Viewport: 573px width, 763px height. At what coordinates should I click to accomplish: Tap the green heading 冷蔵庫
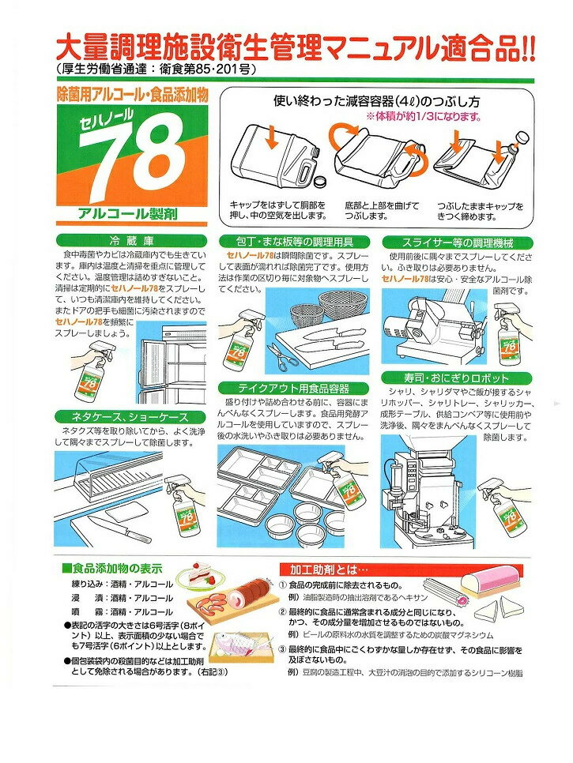click(131, 241)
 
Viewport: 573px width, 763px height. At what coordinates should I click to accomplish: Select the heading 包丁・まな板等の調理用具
click(295, 242)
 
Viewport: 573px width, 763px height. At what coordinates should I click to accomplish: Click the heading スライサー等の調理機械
click(458, 242)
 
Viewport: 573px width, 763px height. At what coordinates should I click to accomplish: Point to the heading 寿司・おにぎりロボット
click(456, 378)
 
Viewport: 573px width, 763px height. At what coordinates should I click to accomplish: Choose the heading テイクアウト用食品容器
click(293, 389)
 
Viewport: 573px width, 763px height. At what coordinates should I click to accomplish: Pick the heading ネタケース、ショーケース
click(130, 417)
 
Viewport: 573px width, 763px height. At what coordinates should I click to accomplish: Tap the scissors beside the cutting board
click(281, 354)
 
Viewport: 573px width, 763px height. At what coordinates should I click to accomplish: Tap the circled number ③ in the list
click(283, 650)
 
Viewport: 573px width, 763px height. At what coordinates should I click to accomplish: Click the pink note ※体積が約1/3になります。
click(424, 117)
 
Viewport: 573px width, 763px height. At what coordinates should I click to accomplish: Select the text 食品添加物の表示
click(117, 569)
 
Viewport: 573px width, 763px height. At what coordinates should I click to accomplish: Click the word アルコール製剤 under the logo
click(127, 213)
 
